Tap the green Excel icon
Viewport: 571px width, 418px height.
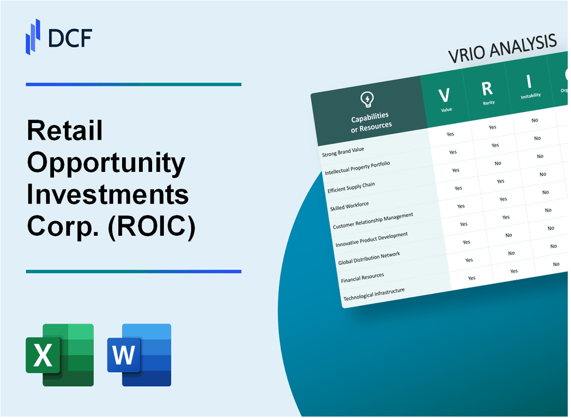point(60,355)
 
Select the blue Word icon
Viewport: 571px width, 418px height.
point(139,355)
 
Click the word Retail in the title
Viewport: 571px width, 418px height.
point(64,131)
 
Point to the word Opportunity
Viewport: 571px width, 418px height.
point(106,164)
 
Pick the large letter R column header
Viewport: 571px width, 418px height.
point(487,89)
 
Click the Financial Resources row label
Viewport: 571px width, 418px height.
point(362,278)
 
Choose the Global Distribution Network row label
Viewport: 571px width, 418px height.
point(369,258)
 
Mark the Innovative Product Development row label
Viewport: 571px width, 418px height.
point(371,239)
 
